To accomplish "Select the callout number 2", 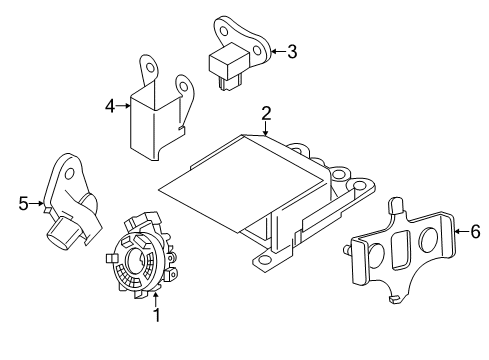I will pyautogui.click(x=266, y=113).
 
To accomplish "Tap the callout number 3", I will pyautogui.click(x=292, y=52).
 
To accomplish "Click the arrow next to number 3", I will pyautogui.click(x=277, y=52).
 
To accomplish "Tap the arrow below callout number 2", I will pyautogui.click(x=266, y=128).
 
